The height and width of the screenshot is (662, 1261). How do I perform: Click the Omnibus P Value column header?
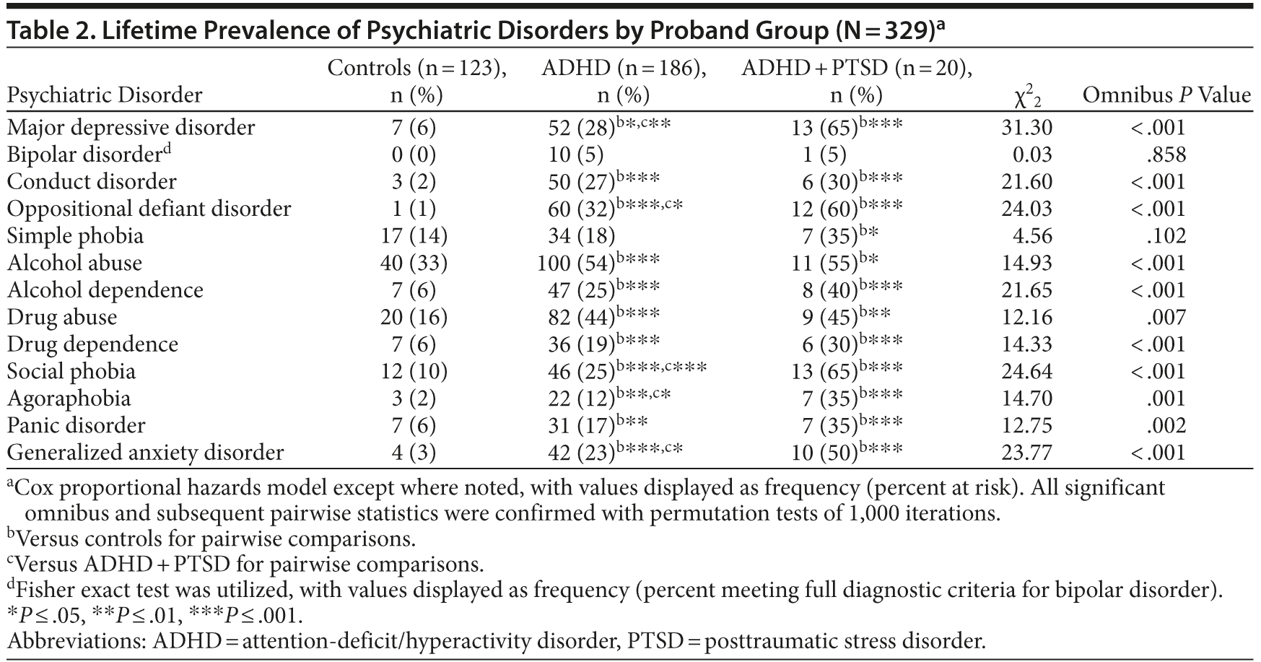[1166, 95]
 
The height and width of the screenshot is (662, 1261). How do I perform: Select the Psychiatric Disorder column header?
[105, 95]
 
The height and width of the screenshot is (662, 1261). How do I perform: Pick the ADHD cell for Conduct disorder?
[603, 181]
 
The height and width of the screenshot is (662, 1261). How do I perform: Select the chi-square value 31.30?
[1026, 128]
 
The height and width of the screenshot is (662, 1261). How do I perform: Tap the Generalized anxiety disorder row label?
[145, 453]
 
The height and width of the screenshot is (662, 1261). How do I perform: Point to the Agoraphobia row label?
[69, 398]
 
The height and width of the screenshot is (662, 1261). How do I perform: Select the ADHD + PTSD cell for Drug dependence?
[846, 344]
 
